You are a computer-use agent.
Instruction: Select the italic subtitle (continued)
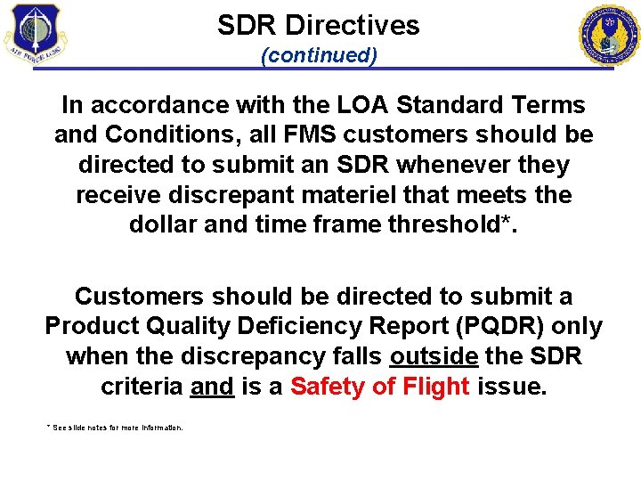click(x=319, y=55)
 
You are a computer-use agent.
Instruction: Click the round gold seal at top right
click(x=609, y=35)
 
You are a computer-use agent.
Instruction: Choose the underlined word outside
click(x=434, y=355)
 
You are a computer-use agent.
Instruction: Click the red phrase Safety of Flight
click(x=380, y=386)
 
